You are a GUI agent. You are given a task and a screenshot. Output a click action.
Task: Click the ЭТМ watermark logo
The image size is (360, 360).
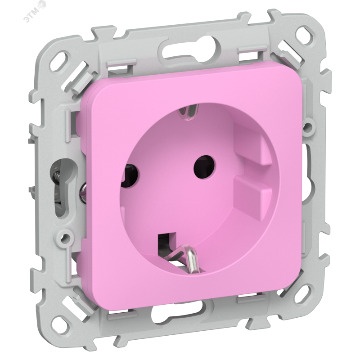(35, 12)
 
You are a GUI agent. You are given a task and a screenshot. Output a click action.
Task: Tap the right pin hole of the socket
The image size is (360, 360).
(205, 167)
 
